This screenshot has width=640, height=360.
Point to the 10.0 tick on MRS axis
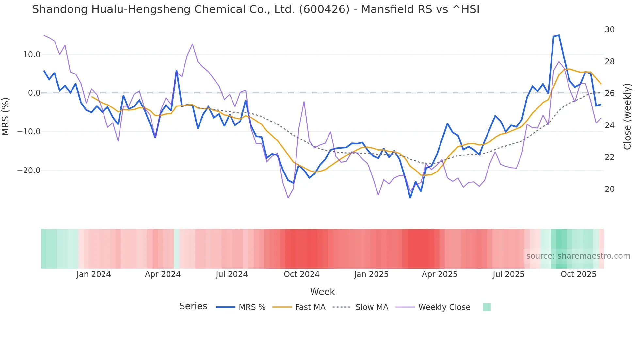pos(32,55)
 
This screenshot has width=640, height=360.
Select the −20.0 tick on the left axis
pos(29,171)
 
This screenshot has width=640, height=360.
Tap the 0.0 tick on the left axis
pos(34,93)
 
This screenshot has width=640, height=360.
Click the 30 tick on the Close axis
pos(609,30)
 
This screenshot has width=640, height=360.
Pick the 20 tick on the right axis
pos(609,189)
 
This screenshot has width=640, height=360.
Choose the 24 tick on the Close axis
pos(609,125)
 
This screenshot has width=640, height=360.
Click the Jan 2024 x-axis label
pos(94,274)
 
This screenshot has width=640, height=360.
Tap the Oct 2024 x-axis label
pos(301,274)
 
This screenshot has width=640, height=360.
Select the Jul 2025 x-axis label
pos(508,274)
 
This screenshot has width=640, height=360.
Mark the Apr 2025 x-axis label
pos(440,274)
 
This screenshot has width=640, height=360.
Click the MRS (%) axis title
pos(6,116)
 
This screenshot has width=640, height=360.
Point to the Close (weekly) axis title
pos(627,117)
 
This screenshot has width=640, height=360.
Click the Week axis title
pos(322,292)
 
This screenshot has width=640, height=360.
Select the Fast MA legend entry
pos(310,307)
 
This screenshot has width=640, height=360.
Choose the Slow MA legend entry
pos(372,307)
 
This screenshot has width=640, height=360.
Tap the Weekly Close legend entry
pos(444,307)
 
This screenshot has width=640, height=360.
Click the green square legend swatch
pos(487,307)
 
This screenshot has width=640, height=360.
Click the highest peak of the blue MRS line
pos(559,35)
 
